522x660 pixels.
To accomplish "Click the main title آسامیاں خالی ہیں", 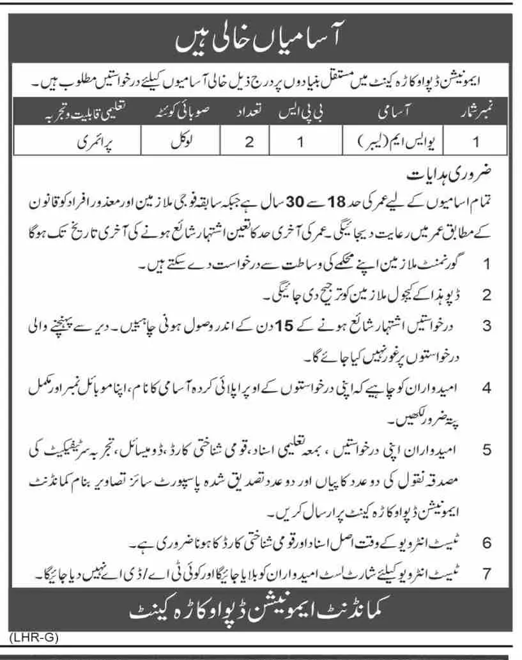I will (261, 43).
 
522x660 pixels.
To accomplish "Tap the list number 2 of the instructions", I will (486, 295).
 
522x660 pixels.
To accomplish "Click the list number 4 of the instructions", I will (486, 388).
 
